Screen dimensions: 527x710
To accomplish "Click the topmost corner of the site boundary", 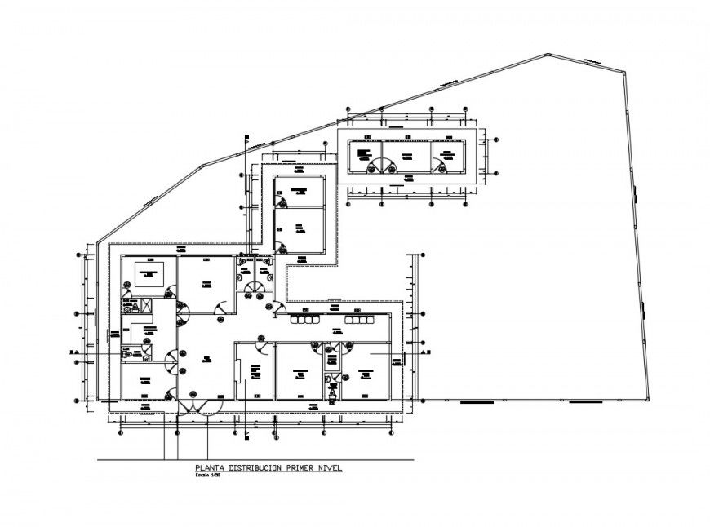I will (x=548, y=55).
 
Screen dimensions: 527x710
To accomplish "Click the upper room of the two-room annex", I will (x=299, y=192).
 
